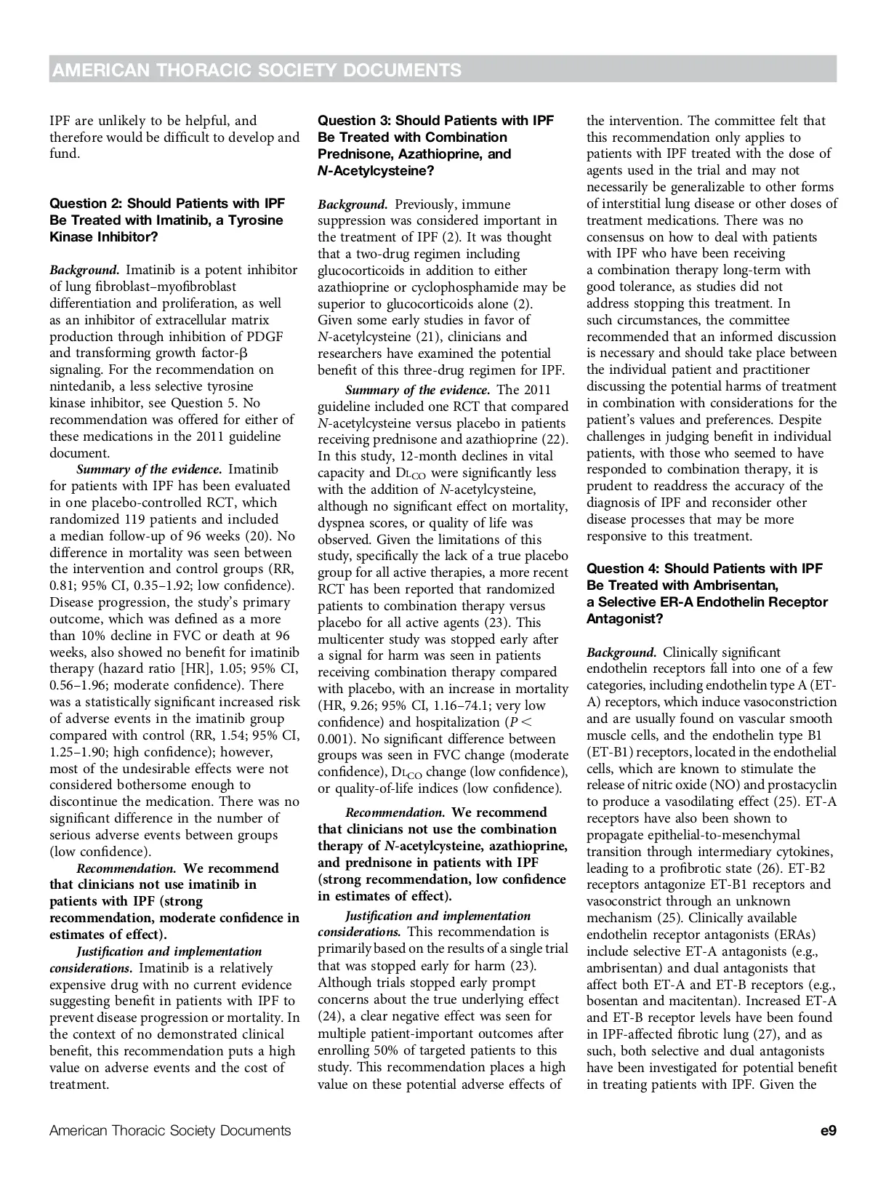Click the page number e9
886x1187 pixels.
tap(827, 1131)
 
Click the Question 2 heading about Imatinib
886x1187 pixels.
tap(167, 220)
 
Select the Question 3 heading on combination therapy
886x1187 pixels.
tap(435, 145)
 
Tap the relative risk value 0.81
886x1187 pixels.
tap(63, 585)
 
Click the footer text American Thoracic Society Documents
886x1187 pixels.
tap(170, 1131)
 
